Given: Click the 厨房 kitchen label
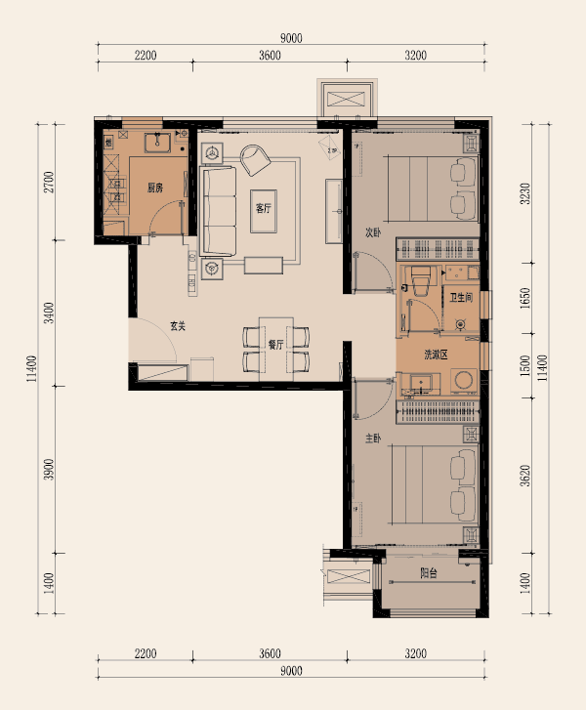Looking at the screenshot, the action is (155, 188).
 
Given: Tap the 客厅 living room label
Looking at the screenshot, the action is (263, 208).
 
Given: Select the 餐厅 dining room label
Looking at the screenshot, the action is (275, 345).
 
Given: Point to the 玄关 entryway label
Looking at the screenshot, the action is (178, 326).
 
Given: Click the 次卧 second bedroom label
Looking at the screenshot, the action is (373, 232).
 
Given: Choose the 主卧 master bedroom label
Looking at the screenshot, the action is (373, 439).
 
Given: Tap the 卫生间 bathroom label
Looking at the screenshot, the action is (461, 298).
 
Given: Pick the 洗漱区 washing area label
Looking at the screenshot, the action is (436, 355).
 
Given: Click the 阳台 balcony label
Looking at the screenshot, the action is (429, 573).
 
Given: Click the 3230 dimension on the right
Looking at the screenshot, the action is (524, 193).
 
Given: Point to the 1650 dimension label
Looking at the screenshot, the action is (524, 299).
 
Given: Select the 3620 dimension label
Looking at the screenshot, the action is (524, 476).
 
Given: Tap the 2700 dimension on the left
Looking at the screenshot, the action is (49, 182).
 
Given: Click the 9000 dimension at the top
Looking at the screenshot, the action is (291, 38).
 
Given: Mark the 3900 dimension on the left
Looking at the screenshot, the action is (49, 470).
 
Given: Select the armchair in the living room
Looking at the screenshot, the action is (255, 160).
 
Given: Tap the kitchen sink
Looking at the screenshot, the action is (157, 143).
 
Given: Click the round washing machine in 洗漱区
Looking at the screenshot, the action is (464, 380).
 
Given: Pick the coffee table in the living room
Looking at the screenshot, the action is (263, 211).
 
